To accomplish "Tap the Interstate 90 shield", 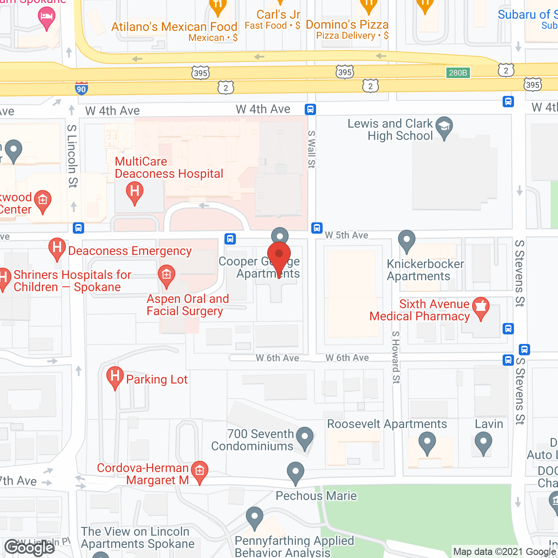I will [x=81, y=88].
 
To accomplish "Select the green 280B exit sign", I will [x=458, y=73].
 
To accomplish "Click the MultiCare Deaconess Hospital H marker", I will [x=135, y=192].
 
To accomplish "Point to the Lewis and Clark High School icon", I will [x=444, y=127].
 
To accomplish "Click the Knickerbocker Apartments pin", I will [x=406, y=240].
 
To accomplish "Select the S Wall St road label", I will [x=311, y=149].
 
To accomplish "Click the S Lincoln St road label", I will [x=72, y=156].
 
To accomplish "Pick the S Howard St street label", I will [x=395, y=357].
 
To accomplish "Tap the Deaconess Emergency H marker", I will [x=57, y=248].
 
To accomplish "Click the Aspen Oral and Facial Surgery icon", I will [x=166, y=276].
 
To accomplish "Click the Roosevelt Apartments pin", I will [x=427, y=442].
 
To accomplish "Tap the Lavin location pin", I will [x=483, y=442].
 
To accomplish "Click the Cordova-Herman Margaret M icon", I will [x=200, y=471].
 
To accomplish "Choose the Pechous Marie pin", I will [x=296, y=472].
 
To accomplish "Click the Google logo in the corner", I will [x=30, y=547].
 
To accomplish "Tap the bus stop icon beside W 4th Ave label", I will [x=310, y=109].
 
